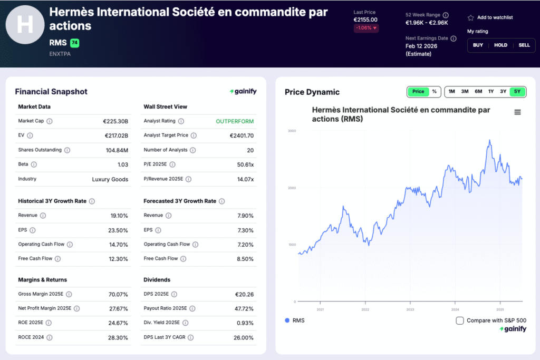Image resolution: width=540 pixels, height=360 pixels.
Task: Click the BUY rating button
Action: (478, 45)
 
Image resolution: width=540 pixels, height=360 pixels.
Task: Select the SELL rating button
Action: (524, 45)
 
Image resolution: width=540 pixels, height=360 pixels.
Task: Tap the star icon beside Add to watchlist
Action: (471, 18)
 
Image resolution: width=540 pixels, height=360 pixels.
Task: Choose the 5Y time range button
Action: (517, 92)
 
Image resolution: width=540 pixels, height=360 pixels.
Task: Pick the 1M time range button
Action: (452, 92)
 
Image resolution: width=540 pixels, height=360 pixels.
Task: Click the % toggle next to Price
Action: (434, 92)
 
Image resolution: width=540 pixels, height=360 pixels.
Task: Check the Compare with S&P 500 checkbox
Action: (460, 320)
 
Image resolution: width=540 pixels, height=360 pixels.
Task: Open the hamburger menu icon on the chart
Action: (517, 112)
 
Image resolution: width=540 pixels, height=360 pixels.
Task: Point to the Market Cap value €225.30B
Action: (115, 121)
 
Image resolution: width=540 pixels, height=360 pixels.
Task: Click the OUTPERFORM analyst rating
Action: (235, 121)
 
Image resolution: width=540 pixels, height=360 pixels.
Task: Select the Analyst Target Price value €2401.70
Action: (242, 135)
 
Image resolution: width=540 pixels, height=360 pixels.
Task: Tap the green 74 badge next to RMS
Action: (74, 43)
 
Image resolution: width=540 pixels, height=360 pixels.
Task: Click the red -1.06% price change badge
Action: (366, 28)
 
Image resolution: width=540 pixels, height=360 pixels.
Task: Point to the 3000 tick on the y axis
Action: (292, 131)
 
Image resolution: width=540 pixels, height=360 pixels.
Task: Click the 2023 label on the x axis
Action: (410, 309)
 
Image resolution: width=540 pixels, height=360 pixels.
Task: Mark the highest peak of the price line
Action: (490, 140)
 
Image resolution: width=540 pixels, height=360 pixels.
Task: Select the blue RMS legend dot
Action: (287, 320)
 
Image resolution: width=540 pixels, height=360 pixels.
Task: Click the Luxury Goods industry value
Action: (110, 179)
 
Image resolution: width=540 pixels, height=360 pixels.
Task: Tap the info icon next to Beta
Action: (34, 164)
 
